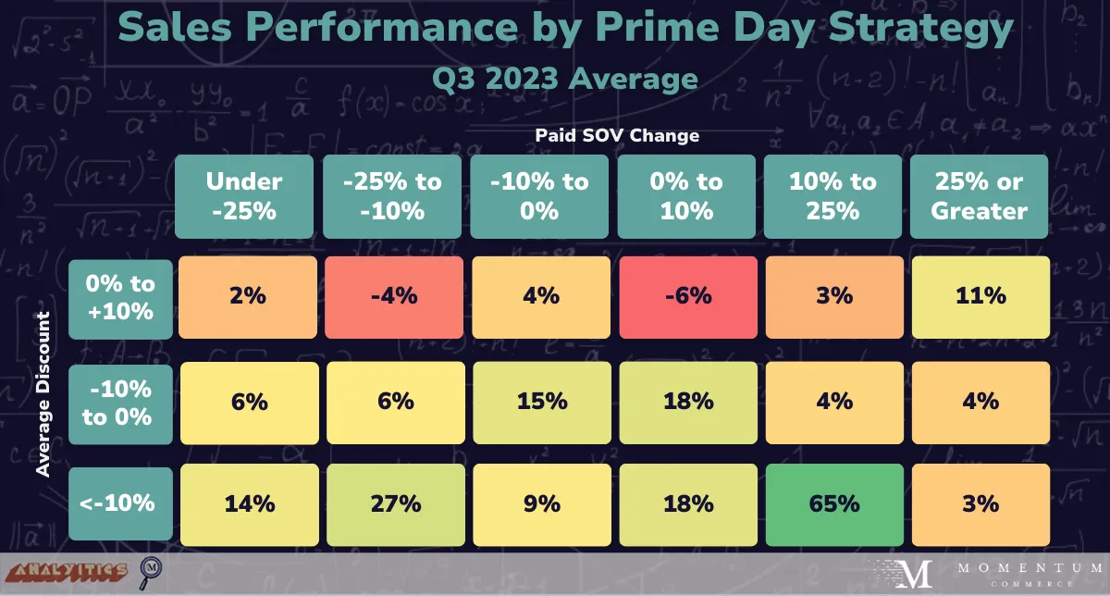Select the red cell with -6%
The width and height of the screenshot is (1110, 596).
click(x=686, y=295)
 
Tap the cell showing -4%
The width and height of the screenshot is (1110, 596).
click(x=393, y=295)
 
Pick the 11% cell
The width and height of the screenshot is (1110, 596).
click(x=980, y=295)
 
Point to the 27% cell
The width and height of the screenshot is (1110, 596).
click(x=393, y=503)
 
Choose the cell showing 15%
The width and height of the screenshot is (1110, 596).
click(x=540, y=400)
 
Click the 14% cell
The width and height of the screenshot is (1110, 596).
click(x=249, y=503)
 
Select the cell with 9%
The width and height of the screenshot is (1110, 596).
click(x=540, y=503)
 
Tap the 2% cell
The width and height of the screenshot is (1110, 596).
click(x=249, y=295)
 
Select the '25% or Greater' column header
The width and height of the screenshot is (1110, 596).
click(x=980, y=195)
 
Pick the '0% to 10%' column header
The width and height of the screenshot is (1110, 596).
click(x=686, y=195)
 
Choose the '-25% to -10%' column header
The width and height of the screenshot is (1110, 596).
click(x=393, y=195)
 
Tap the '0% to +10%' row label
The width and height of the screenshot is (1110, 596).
click(x=121, y=297)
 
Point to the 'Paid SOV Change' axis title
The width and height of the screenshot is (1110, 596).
click(x=617, y=135)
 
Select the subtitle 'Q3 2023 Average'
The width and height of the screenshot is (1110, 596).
click(x=564, y=78)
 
